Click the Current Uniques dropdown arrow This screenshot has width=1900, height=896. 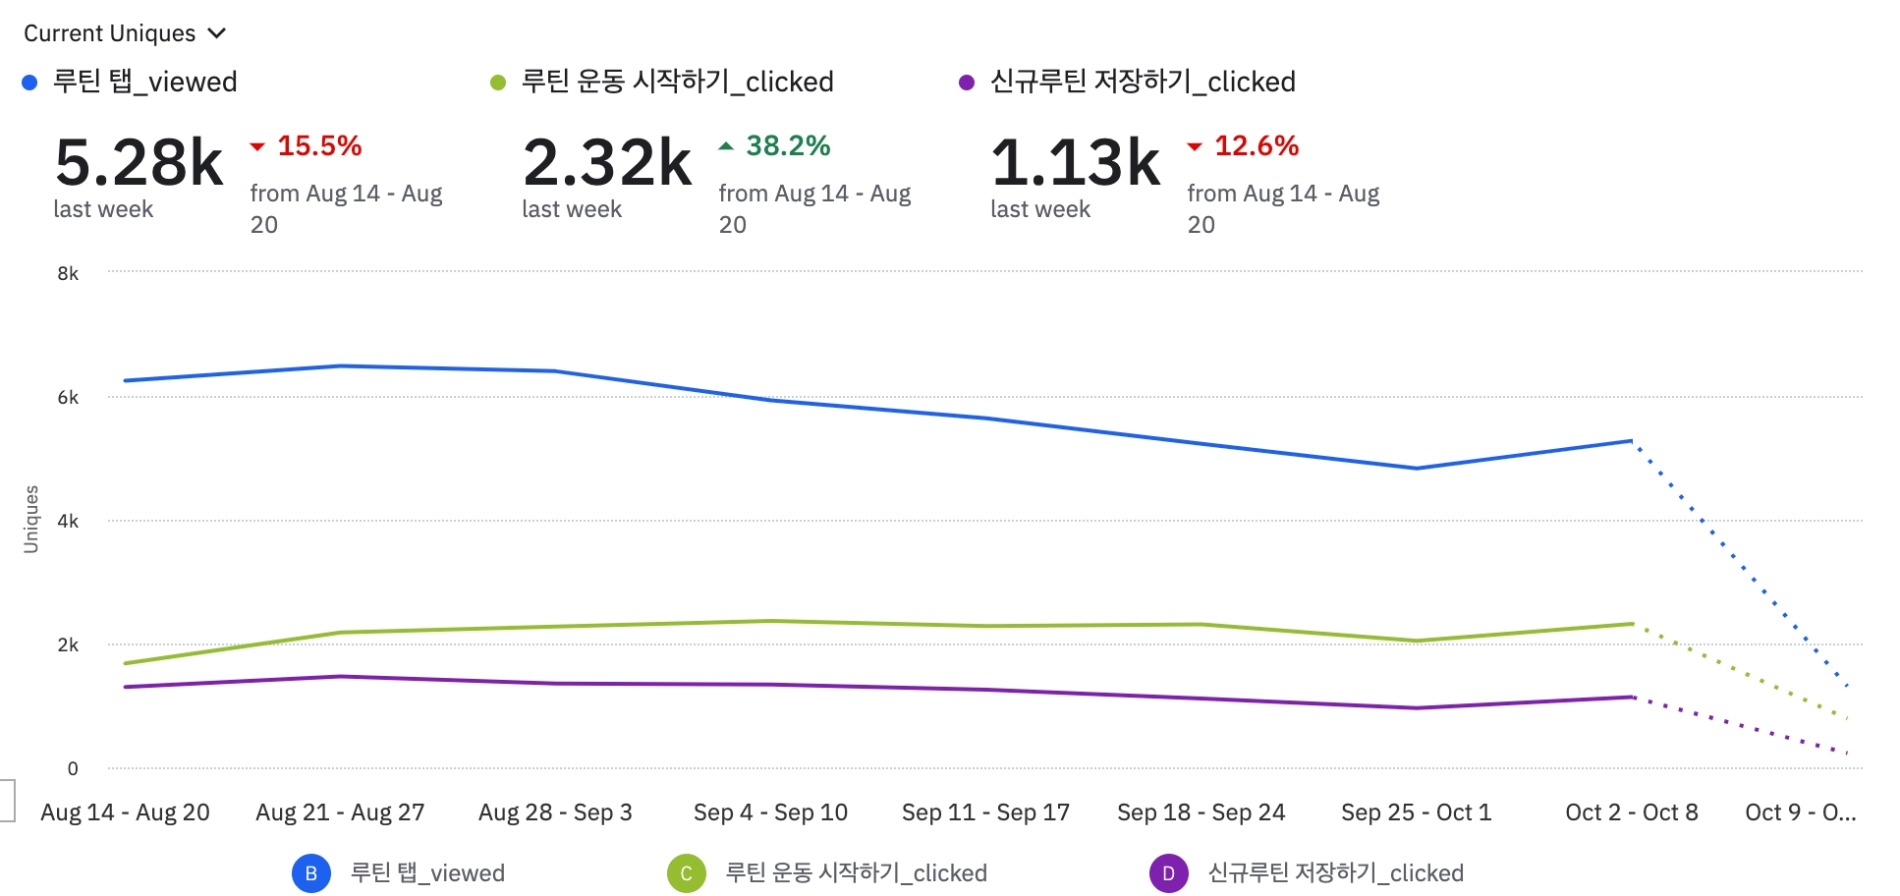click(x=218, y=33)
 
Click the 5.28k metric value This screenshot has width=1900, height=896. click(x=140, y=162)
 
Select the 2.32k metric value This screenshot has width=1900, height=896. click(x=607, y=162)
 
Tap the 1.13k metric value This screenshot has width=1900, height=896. click(x=1076, y=162)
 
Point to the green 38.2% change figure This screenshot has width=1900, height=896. click(x=787, y=146)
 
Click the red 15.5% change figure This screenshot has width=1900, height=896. click(x=318, y=146)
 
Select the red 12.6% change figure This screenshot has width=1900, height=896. click(x=1256, y=146)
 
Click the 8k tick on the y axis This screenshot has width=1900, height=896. click(x=68, y=273)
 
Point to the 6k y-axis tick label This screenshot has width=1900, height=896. click(x=68, y=397)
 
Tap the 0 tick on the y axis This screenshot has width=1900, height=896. click(x=72, y=768)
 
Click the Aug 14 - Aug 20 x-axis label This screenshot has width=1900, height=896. click(x=125, y=812)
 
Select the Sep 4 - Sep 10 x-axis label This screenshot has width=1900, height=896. click(x=770, y=812)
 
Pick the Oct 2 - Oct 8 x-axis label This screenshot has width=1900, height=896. click(x=1631, y=812)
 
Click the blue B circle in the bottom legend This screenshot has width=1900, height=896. click(x=311, y=873)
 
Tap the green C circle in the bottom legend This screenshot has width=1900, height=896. click(x=686, y=873)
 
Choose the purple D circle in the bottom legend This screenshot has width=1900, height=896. click(x=1168, y=873)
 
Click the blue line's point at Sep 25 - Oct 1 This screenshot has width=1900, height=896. click(x=1416, y=469)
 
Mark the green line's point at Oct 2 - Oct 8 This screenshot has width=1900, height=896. click(x=1632, y=624)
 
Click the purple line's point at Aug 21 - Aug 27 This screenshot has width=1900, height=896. click(x=340, y=677)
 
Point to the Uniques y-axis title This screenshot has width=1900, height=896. click(x=31, y=519)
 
